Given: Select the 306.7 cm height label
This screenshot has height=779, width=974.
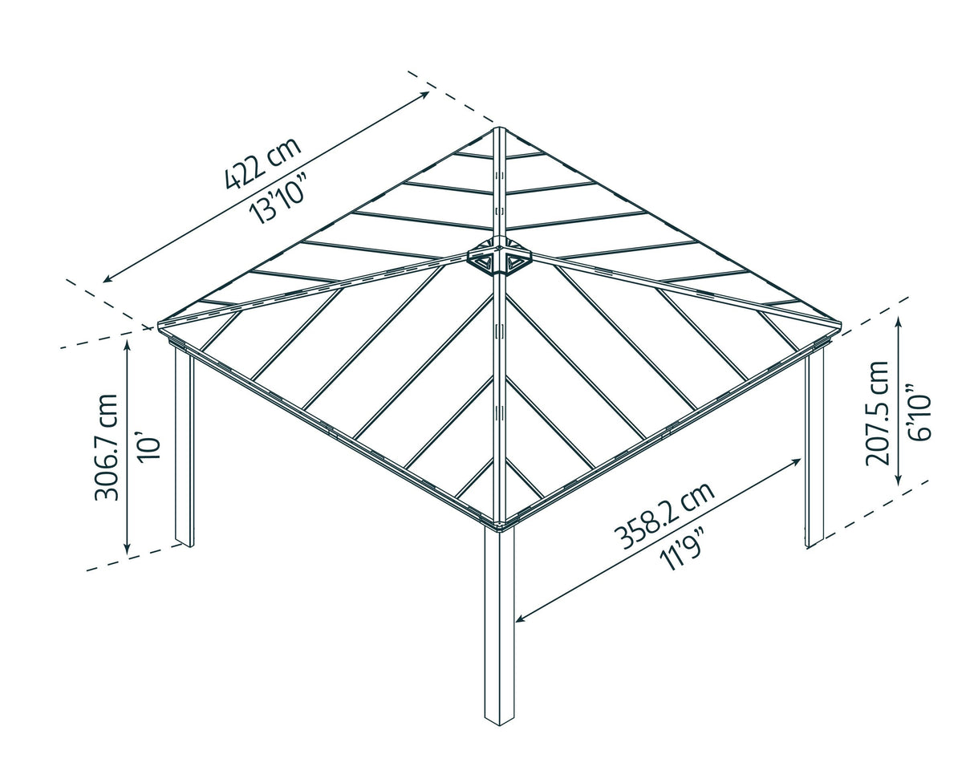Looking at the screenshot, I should pos(106,447).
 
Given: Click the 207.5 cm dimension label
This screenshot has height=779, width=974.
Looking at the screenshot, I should pos(877,412).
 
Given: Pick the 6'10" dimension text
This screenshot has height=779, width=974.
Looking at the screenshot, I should pos(919,416).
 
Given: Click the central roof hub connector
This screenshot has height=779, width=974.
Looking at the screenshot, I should pos(501,257).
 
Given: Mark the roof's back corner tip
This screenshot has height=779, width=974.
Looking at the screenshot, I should pos(499,128).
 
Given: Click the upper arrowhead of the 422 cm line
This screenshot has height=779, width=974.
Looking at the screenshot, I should pos(427,93).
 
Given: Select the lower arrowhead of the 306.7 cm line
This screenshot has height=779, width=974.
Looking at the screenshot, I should pos(127,551).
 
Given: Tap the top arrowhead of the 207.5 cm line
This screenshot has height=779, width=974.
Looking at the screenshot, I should pos(899,318).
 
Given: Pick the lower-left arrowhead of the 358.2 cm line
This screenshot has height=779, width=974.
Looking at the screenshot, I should pos(518,619).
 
